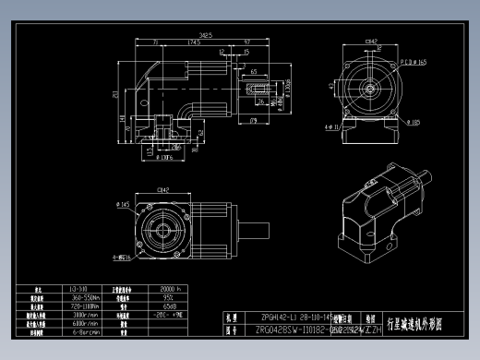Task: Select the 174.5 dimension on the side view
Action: tap(195, 42)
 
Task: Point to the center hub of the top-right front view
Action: tap(370, 90)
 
